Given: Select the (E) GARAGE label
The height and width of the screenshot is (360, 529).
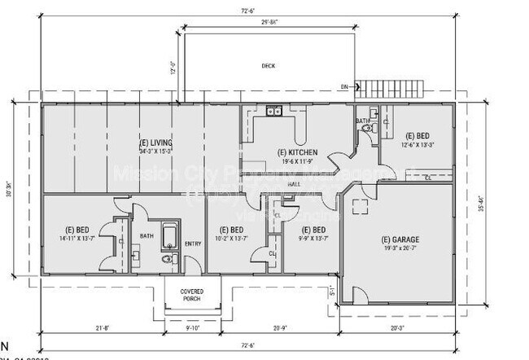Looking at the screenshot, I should (400, 239).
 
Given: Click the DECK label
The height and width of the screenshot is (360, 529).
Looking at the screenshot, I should (268, 66).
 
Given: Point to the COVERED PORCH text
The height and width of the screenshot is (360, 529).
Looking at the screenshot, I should (192, 294).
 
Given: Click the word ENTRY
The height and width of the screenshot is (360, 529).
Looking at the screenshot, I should (192, 244).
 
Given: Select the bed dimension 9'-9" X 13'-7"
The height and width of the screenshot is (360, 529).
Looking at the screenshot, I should (313, 239).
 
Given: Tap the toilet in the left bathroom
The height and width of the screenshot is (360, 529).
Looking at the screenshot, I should (169, 259).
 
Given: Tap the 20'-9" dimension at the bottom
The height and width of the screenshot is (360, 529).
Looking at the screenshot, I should (279, 329).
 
